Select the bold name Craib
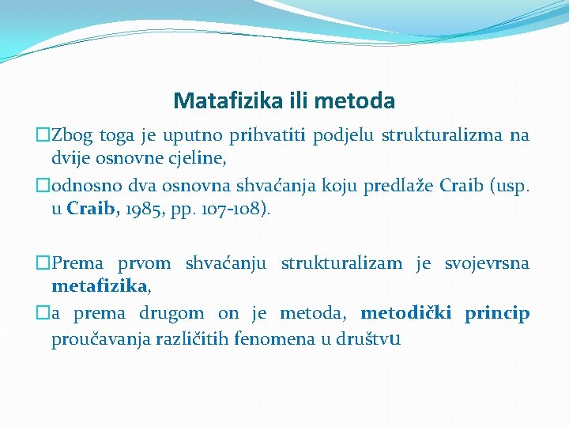coord(94,210)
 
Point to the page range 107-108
coord(232,210)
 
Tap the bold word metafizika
coord(100,285)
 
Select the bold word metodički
coord(406,313)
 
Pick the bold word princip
coord(497,313)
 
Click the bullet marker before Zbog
coord(43,135)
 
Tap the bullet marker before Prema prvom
coord(43,263)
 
